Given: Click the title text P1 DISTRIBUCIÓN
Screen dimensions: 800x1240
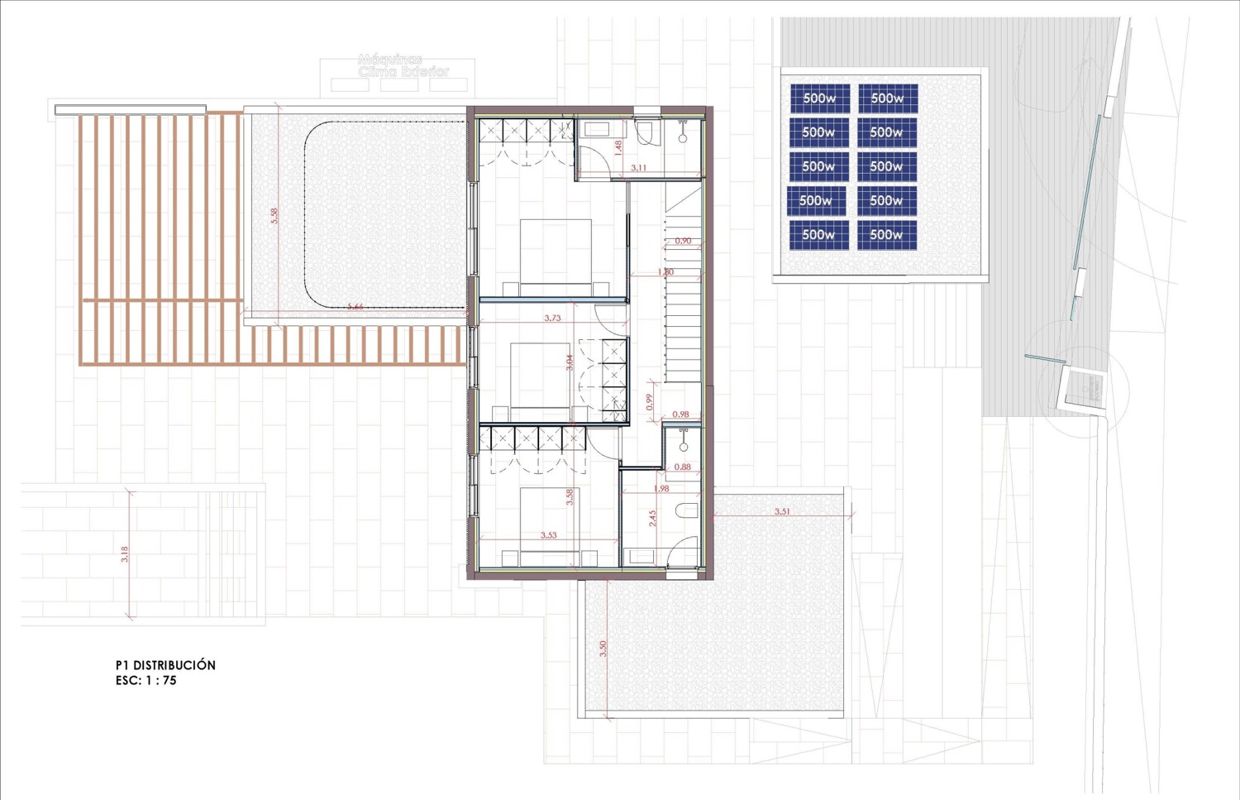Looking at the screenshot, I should point(165,665).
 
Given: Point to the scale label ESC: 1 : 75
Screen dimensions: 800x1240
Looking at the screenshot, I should point(146,681).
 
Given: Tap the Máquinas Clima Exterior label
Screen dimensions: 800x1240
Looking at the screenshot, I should point(403,65).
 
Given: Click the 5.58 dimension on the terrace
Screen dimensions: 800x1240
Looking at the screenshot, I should point(274,215).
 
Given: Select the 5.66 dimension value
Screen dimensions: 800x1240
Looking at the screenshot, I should point(355,307).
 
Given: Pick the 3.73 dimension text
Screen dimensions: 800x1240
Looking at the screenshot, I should point(552,318).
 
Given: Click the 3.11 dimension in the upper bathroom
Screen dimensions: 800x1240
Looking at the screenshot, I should point(638,168).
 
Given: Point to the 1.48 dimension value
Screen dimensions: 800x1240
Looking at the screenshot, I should point(618,148).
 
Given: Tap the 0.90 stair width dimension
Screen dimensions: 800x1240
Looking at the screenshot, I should point(683,241).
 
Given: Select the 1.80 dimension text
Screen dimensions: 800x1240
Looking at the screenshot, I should point(665,271).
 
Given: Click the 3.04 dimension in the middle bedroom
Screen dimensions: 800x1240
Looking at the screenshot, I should point(569,362).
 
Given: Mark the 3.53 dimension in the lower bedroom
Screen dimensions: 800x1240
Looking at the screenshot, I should point(548,535).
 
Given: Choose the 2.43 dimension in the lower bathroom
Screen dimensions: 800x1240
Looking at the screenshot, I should point(652,518).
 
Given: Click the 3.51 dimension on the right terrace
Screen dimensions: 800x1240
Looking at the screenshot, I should point(782,511).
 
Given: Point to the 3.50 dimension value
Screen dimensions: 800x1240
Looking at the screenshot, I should point(603,649).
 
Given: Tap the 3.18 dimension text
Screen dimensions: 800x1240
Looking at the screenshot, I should point(125,554).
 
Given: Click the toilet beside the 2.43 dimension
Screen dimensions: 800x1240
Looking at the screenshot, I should point(687,510).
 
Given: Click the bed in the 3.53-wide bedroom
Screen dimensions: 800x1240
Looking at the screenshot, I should point(549,517).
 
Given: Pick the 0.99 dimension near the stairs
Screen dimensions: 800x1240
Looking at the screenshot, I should point(650,401).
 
